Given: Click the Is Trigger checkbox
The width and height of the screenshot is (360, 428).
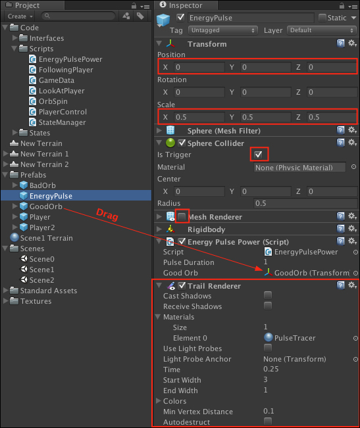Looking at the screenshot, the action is (258, 155).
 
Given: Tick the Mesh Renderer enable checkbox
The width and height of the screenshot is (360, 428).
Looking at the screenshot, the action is (182, 217).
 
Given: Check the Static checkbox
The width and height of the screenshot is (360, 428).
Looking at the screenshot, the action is (322, 18).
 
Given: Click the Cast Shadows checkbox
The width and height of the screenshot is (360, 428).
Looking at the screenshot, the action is (268, 295).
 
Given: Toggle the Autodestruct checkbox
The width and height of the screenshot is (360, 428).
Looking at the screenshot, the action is (268, 421).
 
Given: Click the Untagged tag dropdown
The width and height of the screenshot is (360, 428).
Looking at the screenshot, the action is (223, 30).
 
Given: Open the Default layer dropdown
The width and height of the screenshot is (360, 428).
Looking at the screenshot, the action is (322, 30).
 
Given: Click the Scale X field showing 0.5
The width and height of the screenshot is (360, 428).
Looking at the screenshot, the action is (199, 117).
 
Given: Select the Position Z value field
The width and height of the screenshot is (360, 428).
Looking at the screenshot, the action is (332, 67).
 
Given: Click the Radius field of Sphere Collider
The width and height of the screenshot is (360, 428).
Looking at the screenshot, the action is (305, 203).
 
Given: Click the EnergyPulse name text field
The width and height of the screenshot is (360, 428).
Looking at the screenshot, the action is (251, 18).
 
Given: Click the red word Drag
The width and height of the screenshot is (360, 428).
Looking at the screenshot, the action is (107, 214).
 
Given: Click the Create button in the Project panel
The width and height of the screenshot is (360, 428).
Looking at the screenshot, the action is (20, 16).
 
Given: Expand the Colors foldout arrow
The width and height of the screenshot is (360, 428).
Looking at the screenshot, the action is (159, 400).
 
